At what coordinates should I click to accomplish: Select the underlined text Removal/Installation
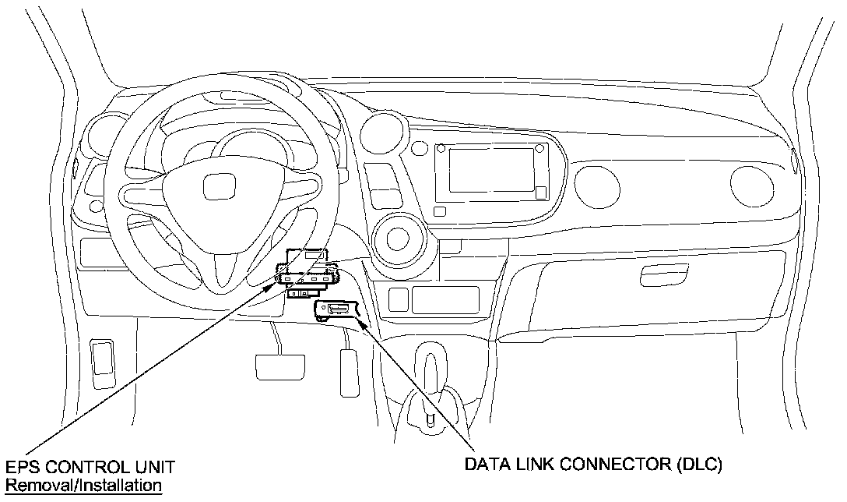[x=84, y=486]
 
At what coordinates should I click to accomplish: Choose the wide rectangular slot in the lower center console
[x=445, y=299]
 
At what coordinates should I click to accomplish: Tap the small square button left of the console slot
[x=398, y=298]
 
